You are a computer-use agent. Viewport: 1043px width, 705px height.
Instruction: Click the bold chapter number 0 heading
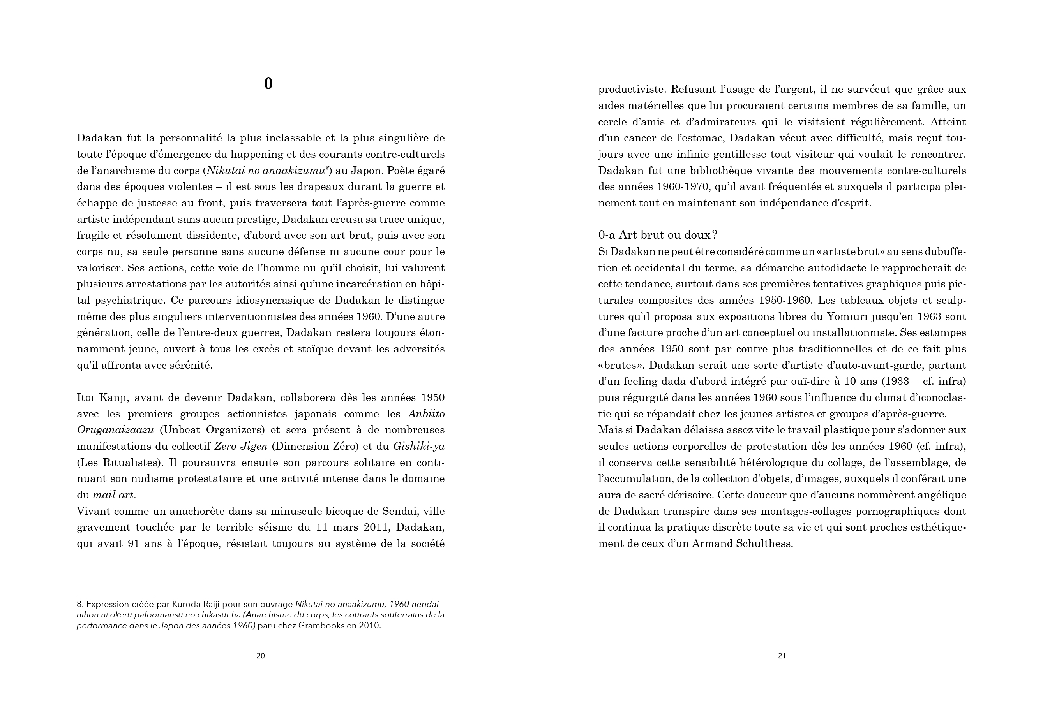268,84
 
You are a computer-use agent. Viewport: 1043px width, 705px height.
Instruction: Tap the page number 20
261,656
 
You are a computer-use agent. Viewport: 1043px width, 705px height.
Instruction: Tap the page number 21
782,656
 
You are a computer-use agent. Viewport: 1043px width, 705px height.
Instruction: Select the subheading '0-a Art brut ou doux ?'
658,235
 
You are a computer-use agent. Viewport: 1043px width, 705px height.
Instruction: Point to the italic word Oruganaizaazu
115,430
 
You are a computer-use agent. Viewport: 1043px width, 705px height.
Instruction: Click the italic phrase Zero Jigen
241,446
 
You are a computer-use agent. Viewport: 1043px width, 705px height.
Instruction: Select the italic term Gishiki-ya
419,446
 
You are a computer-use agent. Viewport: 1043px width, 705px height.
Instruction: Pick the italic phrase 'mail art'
113,495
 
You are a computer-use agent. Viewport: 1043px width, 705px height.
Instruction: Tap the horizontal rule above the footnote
115,596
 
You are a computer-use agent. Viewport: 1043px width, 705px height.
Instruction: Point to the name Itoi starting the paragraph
85,398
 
